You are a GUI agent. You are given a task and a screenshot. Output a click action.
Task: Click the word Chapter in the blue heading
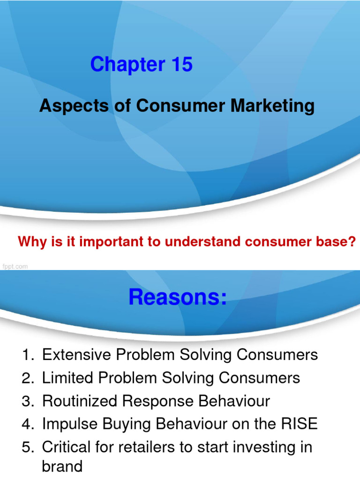coord(121,65)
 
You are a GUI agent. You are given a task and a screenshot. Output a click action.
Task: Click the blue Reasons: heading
coord(178,297)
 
